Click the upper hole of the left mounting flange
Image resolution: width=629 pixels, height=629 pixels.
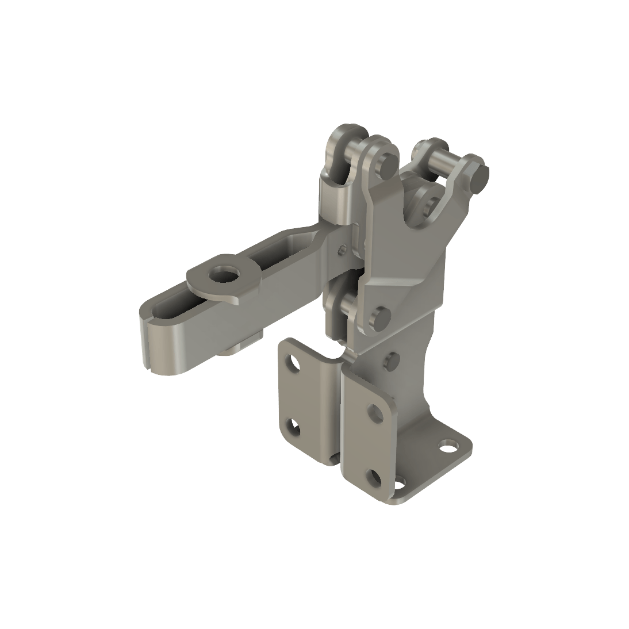coord(296,363)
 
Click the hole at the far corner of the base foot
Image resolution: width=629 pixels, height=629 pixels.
coord(446,446)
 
